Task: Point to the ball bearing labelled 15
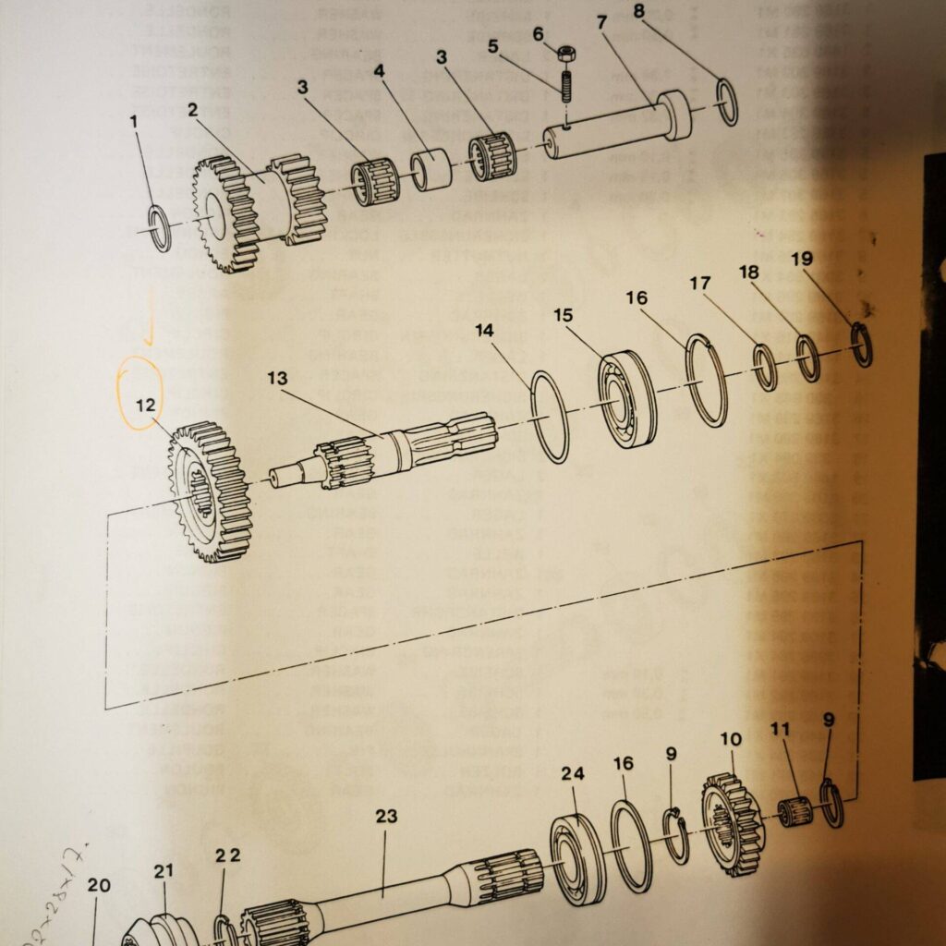pos(627,399)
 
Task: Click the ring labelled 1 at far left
pos(160,229)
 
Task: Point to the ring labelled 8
pos(727,103)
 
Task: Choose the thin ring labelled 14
pos(551,417)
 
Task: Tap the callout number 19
pos(802,260)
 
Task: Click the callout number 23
pos(386,816)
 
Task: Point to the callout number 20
pos(99,885)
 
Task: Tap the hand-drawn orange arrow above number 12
pos(150,326)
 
